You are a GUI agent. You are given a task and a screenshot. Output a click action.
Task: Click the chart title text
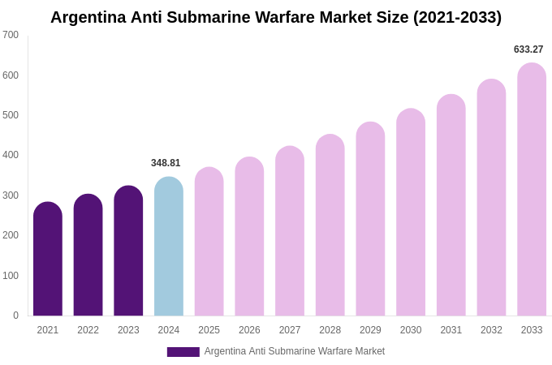coord(276,17)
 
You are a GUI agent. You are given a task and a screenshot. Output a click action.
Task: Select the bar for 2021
coord(48,260)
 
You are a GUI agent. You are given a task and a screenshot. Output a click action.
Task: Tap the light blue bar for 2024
coord(169,247)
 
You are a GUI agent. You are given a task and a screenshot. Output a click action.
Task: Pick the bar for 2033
coord(532,191)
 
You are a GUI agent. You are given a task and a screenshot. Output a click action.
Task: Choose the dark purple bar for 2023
coord(128,251)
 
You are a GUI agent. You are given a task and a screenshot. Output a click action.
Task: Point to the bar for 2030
coord(411,213)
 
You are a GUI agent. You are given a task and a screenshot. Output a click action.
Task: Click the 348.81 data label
coord(166,163)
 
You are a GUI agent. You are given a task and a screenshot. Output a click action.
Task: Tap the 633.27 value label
coord(528,49)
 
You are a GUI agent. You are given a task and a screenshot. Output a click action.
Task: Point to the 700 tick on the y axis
coord(11,35)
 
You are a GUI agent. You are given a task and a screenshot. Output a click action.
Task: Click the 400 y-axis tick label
coord(11,155)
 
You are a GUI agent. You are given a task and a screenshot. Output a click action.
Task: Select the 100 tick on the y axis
coord(11,276)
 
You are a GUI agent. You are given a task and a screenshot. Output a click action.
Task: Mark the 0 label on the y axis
coord(15,316)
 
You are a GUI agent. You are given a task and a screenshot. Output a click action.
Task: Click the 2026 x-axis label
coord(249,330)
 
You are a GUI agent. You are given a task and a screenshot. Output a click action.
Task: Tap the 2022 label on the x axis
coord(88,330)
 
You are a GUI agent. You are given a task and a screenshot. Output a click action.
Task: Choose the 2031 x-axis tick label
coord(451,330)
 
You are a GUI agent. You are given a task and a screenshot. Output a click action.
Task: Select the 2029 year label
coord(370,330)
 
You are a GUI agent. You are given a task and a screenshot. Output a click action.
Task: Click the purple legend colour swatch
coord(183,352)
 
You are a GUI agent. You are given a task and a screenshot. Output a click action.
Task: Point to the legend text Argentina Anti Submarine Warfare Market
coord(295,351)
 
